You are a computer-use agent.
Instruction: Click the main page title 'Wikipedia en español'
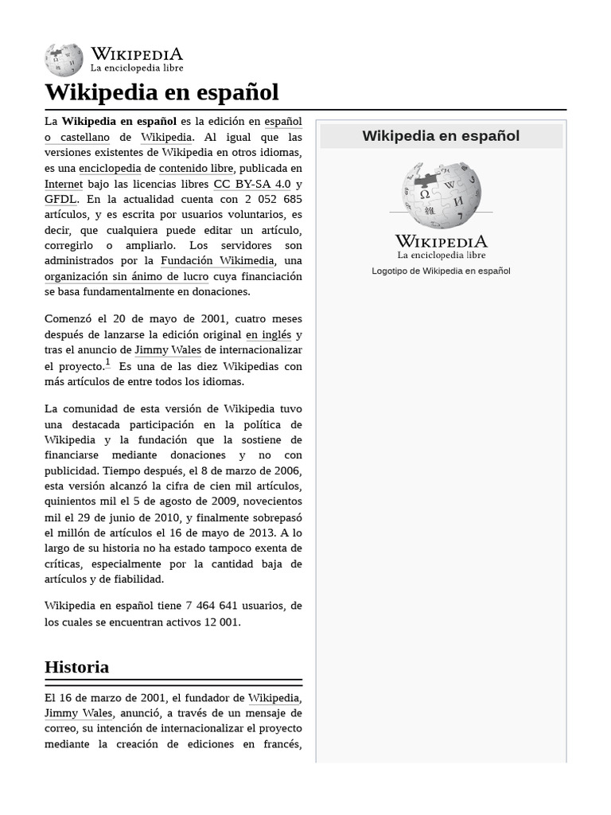pyautogui.click(x=162, y=92)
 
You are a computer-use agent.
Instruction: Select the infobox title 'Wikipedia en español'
pyautogui.click(x=441, y=136)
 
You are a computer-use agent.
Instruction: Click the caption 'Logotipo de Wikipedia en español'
pyautogui.click(x=441, y=271)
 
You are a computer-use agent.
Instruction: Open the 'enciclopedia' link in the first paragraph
pyautogui.click(x=110, y=169)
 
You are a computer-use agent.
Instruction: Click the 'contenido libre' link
pyautogui.click(x=196, y=169)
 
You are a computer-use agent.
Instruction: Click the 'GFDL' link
pyautogui.click(x=60, y=199)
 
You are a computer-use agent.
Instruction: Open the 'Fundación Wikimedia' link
pyautogui.click(x=217, y=261)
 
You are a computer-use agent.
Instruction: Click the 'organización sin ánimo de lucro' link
pyautogui.click(x=126, y=276)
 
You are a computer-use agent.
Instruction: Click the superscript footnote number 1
pyautogui.click(x=108, y=363)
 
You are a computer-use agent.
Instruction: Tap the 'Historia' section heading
pyautogui.click(x=76, y=667)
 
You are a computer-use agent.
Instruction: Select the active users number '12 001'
pyautogui.click(x=221, y=622)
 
